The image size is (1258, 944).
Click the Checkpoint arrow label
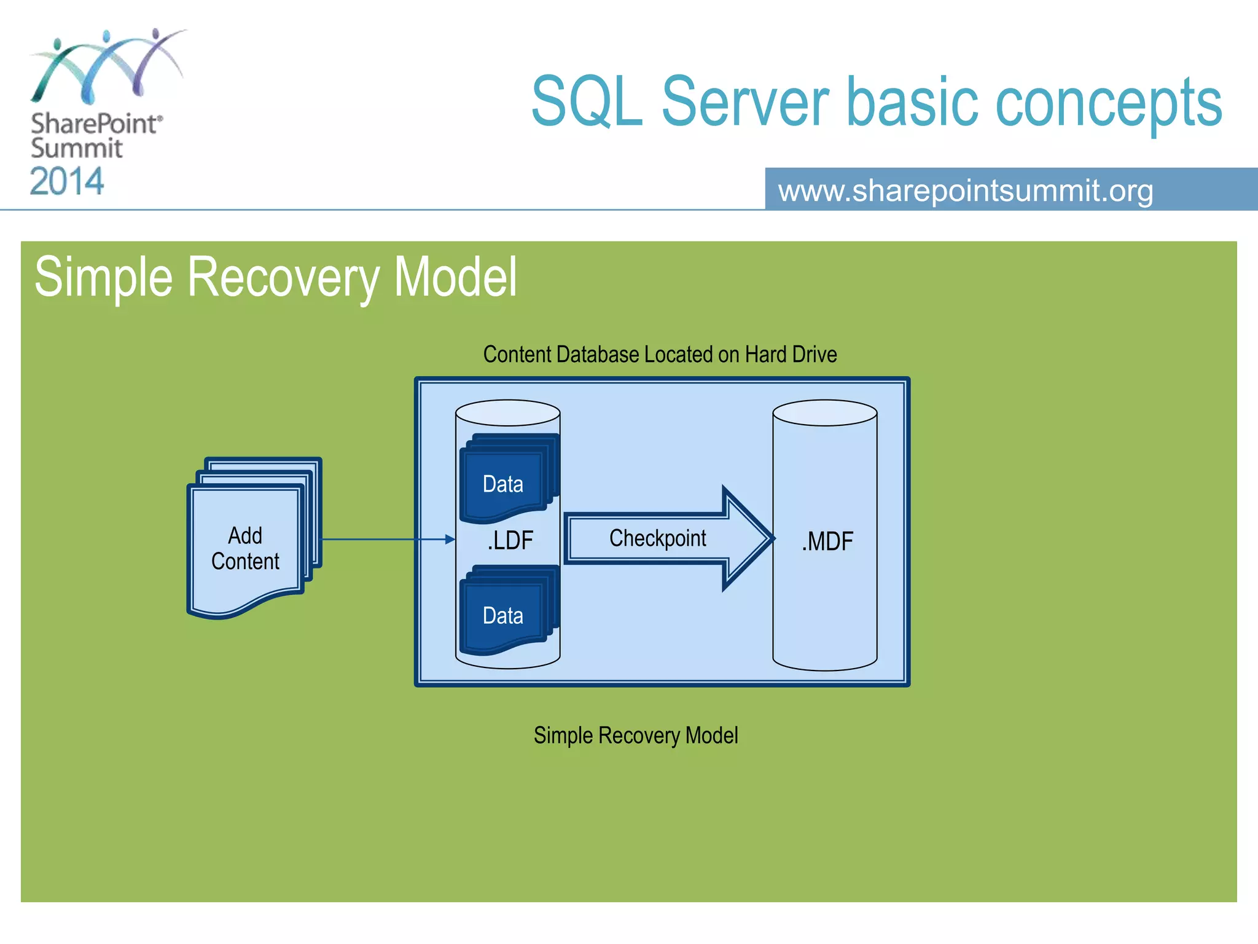click(x=657, y=538)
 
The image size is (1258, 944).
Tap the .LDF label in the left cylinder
click(x=510, y=541)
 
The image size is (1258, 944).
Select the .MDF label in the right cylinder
click(x=827, y=542)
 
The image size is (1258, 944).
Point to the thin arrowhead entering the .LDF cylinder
click(x=450, y=540)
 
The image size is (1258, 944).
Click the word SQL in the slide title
click(x=587, y=102)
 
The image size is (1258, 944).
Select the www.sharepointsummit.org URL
click(x=966, y=191)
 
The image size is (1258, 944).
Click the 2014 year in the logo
click(x=67, y=182)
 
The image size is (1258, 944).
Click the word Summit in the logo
click(x=77, y=149)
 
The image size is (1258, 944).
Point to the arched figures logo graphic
click(x=107, y=65)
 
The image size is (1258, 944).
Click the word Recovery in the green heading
click(x=283, y=278)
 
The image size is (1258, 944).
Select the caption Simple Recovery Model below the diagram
click(x=636, y=736)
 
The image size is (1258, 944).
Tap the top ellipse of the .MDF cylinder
click(x=824, y=413)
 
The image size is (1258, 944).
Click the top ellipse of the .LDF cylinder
click(x=507, y=413)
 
